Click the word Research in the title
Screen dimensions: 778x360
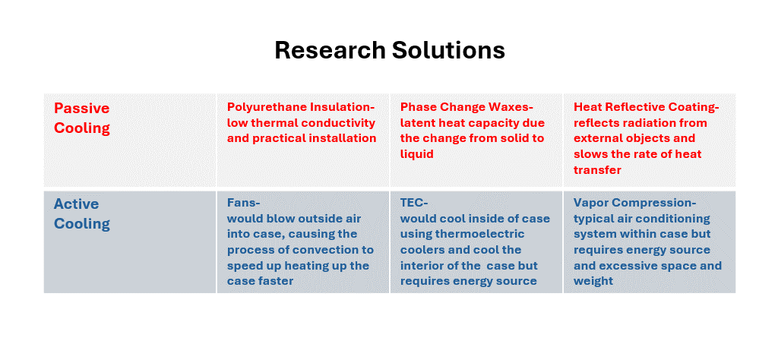click(330, 50)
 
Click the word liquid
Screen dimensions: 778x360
click(417, 154)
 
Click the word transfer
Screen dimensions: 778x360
click(597, 170)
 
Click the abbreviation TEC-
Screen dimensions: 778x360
click(414, 203)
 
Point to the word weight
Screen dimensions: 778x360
click(593, 281)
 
